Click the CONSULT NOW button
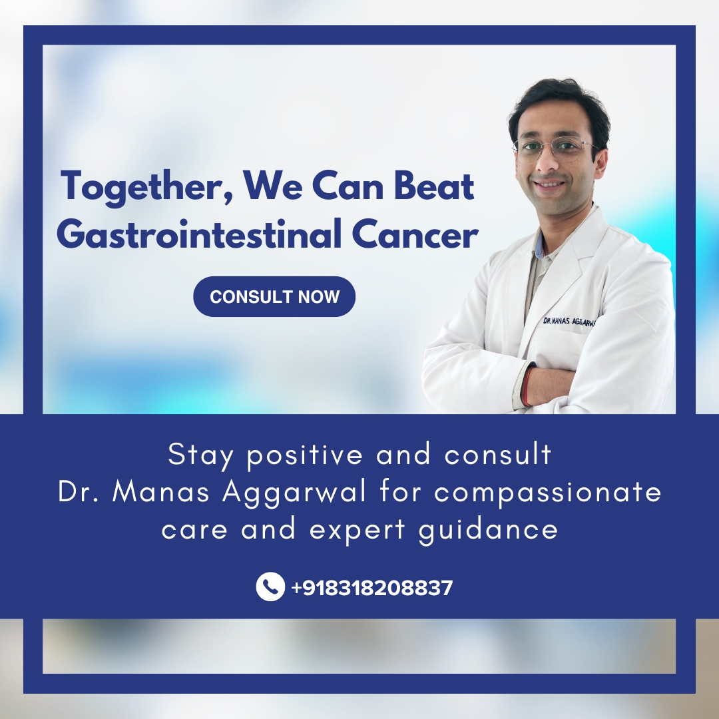[x=274, y=296]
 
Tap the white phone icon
[x=270, y=587]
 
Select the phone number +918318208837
[x=371, y=588]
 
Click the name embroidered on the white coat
[x=569, y=321]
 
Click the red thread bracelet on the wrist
[x=527, y=386]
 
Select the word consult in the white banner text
[x=498, y=456]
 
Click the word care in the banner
[x=194, y=531]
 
